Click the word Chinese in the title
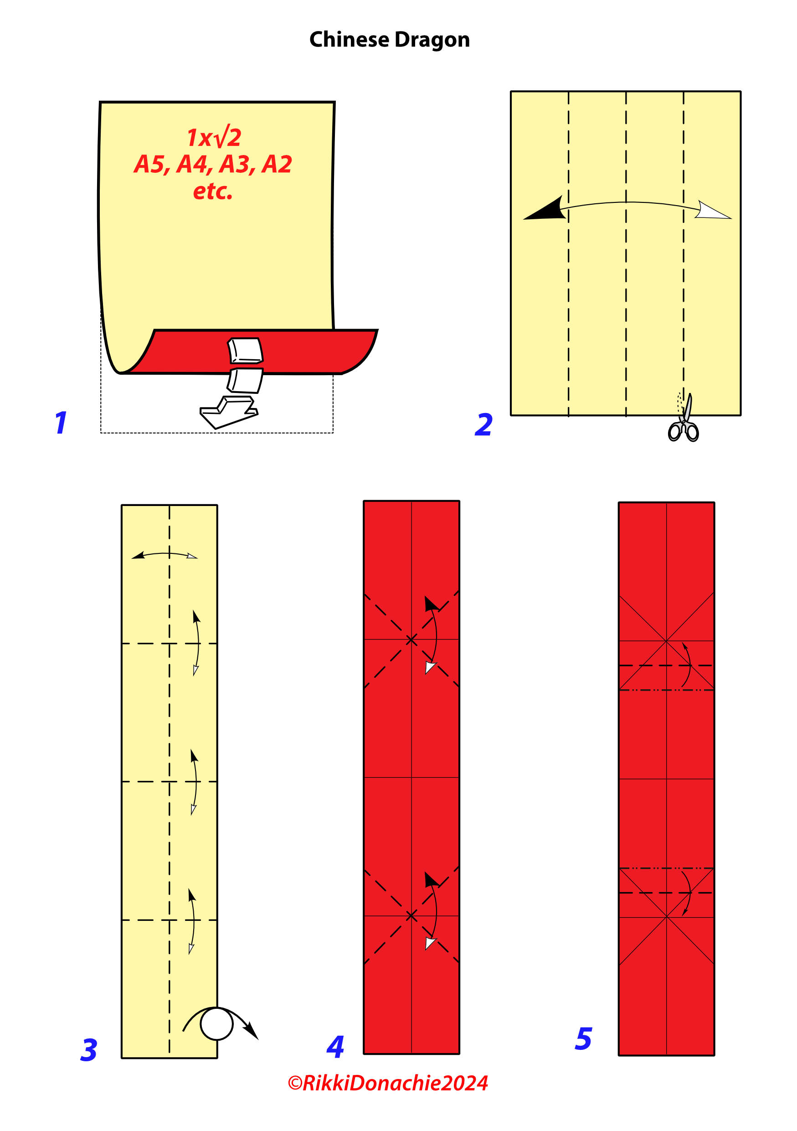(349, 39)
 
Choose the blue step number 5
(583, 1038)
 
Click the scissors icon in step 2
(684, 418)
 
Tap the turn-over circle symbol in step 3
(216, 1023)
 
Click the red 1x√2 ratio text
(214, 137)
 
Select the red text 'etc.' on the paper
(213, 191)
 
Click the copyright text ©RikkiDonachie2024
(388, 1083)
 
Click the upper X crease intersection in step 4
(411, 640)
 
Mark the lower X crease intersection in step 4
(411, 916)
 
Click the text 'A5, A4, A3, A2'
(213, 165)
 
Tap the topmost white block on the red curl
(245, 351)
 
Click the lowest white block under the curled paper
(228, 412)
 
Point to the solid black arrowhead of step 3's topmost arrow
(139, 555)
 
